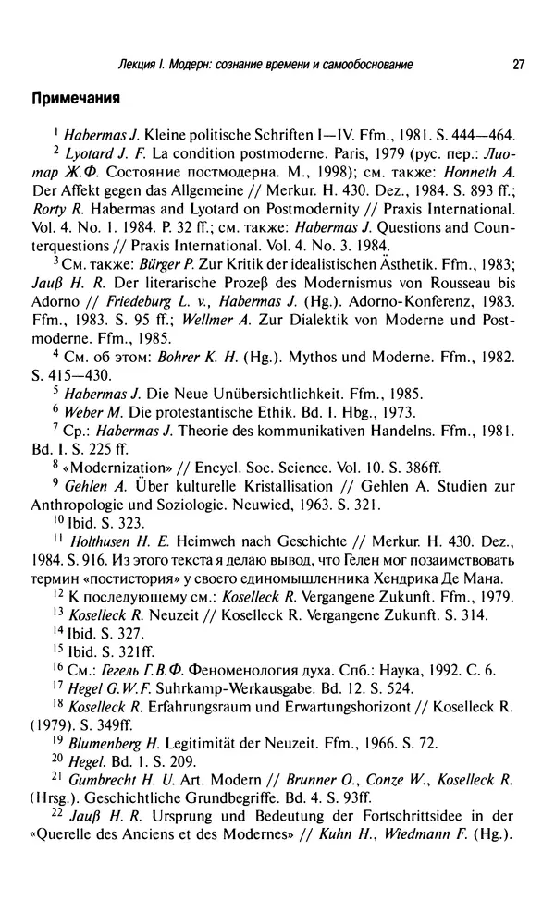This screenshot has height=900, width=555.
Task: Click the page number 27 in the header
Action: click(518, 64)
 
